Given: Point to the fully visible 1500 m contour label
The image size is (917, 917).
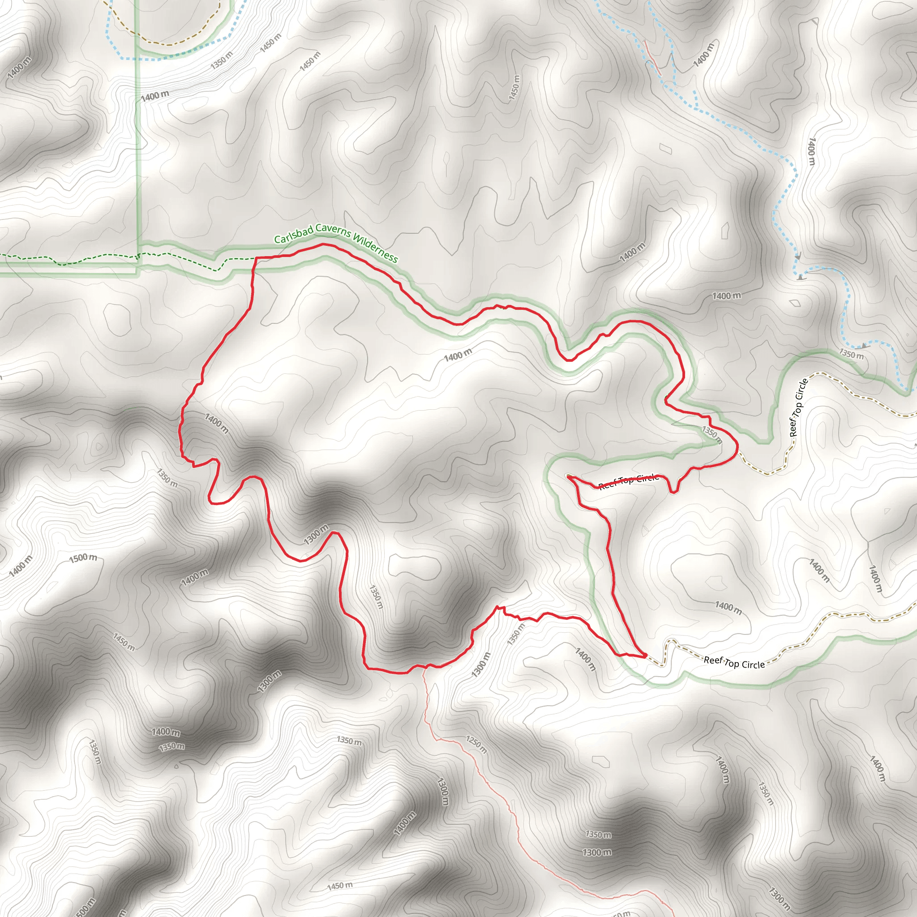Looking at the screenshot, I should point(83,558).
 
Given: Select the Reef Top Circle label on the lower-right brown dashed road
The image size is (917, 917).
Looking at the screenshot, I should point(734,663).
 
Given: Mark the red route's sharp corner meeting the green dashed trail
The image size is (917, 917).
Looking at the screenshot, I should point(256,258).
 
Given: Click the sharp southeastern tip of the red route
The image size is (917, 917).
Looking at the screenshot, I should point(646,656).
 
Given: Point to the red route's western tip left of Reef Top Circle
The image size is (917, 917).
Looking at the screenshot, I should point(569,476).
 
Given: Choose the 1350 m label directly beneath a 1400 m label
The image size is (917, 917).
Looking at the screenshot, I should point(171,746).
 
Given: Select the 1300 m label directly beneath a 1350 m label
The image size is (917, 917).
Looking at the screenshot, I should point(597,853).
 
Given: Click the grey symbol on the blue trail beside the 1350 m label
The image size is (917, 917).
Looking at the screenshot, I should point(863,346).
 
